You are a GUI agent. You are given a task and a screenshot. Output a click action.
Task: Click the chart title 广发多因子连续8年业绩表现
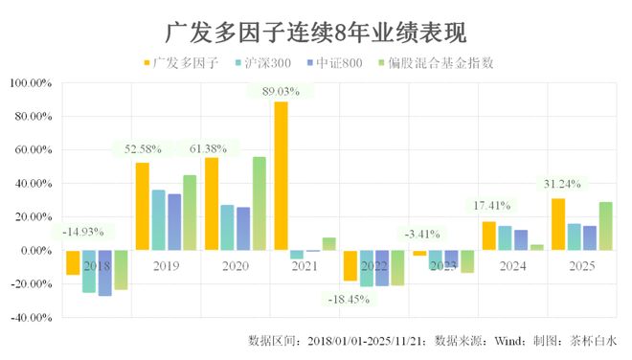tap(316, 35)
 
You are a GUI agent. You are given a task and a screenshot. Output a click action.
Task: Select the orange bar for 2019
tap(142, 206)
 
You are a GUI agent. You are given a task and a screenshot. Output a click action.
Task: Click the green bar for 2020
tap(260, 203)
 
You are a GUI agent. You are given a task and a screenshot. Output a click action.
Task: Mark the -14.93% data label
tap(88, 232)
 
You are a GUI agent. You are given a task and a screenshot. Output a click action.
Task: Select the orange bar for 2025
tap(557, 224)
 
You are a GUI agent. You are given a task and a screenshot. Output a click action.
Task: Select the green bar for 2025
tap(605, 226)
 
